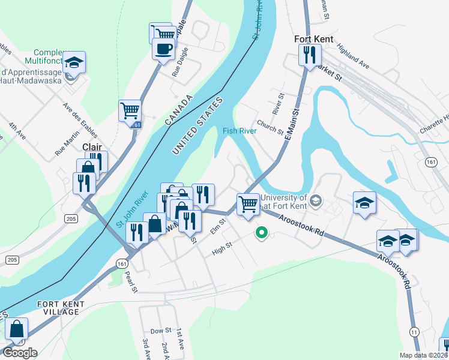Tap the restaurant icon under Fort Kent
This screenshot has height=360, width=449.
tap(310, 56)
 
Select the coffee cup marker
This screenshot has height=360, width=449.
tap(163, 49)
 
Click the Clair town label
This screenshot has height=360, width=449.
tap(92, 147)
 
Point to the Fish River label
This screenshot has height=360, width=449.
tap(240, 131)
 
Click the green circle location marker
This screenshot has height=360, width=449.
tap(261, 232)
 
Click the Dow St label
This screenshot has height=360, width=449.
tap(161, 331)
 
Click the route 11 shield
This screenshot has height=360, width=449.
tap(414, 331)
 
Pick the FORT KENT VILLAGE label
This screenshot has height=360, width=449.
tap(58, 308)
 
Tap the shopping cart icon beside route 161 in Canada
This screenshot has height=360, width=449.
tap(130, 110)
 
